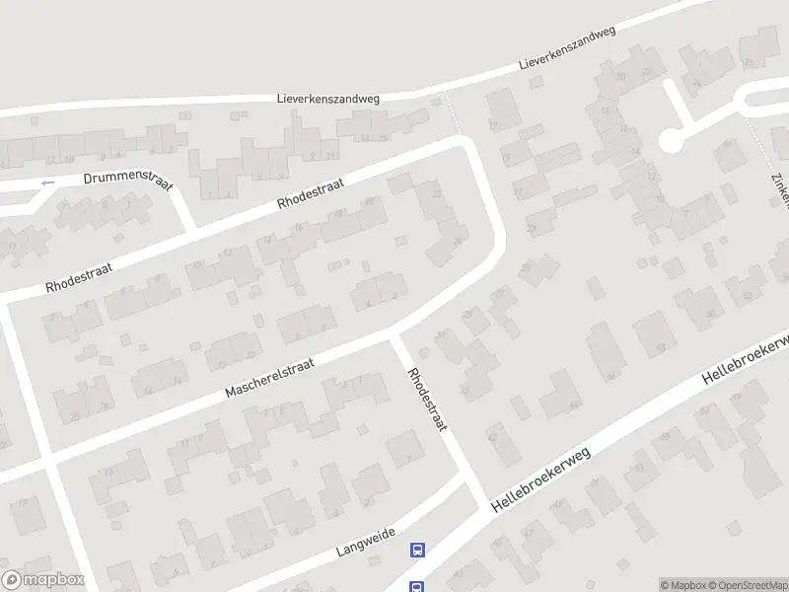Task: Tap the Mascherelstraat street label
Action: tap(269, 378)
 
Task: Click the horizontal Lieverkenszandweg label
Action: tap(327, 99)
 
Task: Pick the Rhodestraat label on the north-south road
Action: tap(428, 399)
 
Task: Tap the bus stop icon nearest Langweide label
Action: tap(418, 551)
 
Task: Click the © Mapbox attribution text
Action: tap(682, 585)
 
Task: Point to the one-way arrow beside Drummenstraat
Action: tap(46, 183)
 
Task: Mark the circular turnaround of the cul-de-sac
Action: tap(672, 141)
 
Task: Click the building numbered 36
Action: tap(457, 241)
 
